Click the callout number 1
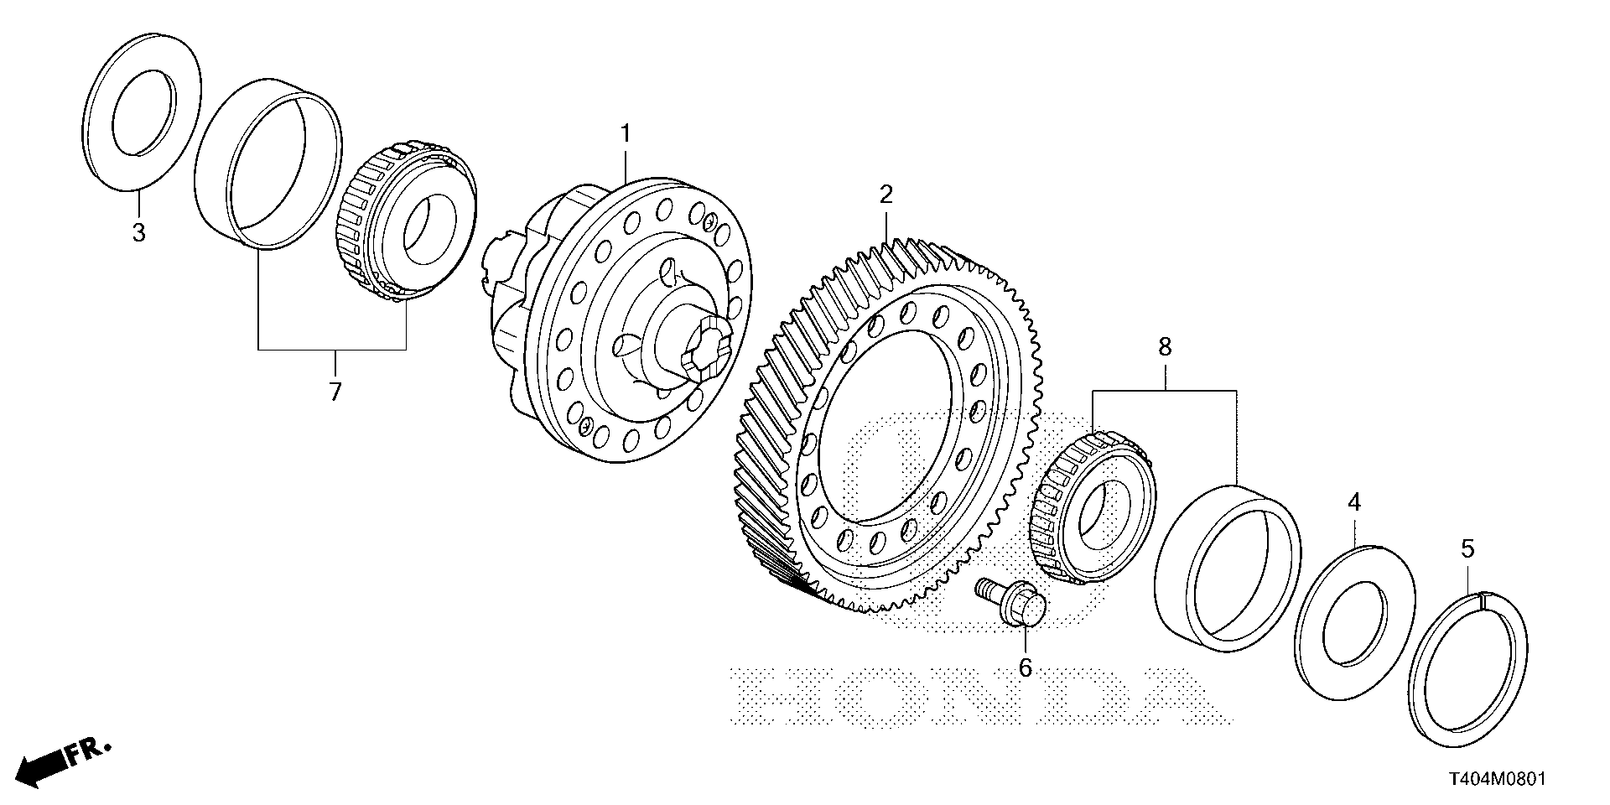(x=625, y=133)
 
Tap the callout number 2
(x=885, y=195)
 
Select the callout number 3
(x=138, y=232)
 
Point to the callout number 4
(x=1353, y=503)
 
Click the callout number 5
(x=1467, y=549)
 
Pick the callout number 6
(x=1025, y=667)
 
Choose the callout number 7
(x=335, y=391)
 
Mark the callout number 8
(x=1165, y=347)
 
